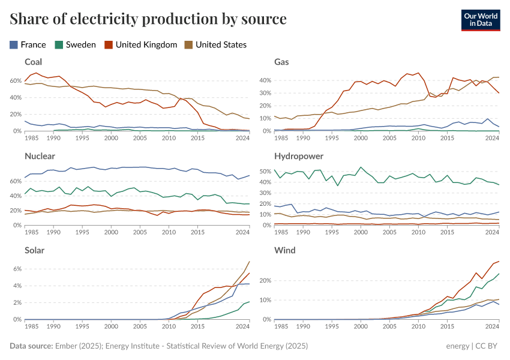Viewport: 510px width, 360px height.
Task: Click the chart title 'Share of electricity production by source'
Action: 148,19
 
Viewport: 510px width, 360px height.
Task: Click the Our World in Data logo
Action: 481,19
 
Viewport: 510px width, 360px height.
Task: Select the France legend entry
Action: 28,44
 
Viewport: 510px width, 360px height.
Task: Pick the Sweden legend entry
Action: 75,44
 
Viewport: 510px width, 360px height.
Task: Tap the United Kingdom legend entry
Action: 141,44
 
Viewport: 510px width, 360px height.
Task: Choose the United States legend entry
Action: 215,44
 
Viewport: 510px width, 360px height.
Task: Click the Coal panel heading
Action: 34,62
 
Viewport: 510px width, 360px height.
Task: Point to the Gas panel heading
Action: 282,62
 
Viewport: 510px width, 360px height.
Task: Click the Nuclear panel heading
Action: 40,156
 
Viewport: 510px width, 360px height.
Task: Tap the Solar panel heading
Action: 35,250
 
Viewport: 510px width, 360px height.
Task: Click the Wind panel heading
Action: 284,250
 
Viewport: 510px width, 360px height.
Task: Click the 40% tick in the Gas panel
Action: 265,80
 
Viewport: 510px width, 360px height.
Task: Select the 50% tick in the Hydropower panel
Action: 265,171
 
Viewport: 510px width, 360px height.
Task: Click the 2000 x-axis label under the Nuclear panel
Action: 111,232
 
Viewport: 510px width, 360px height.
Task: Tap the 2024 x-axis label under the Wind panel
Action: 492,326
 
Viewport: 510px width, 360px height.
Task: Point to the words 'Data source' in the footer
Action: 31,346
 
